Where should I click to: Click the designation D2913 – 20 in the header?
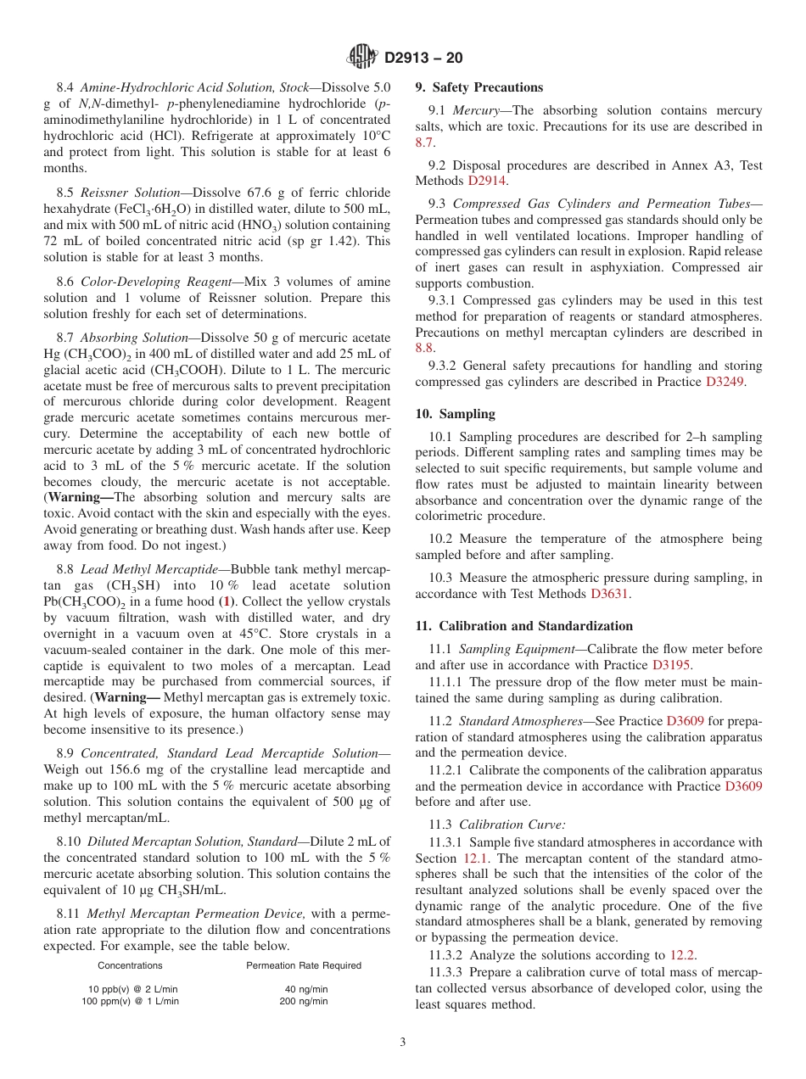point(423,58)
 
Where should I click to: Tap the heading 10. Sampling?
point(455,414)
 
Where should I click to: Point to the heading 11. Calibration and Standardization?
point(523,626)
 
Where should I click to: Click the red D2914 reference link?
point(488,181)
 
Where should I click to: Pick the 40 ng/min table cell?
point(303,989)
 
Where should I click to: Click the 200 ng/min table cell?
point(303,1001)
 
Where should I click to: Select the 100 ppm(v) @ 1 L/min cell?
point(130,1001)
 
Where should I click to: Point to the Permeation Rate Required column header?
point(303,965)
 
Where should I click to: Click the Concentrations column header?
point(130,965)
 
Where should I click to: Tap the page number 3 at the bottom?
point(403,1042)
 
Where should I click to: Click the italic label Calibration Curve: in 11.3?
point(512,825)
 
